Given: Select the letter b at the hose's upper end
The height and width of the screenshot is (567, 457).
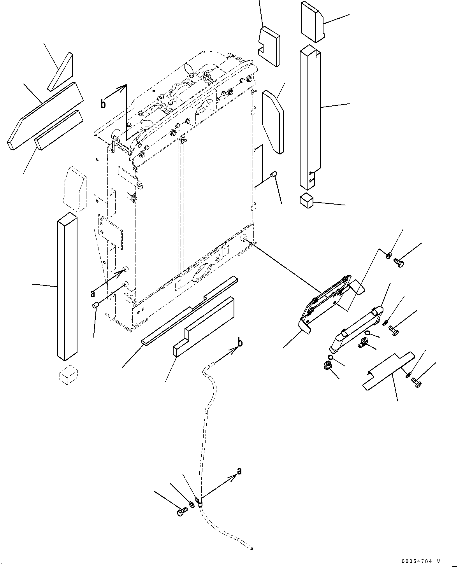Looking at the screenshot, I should point(240,343).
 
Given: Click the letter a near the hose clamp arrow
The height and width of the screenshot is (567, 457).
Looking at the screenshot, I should point(239,471).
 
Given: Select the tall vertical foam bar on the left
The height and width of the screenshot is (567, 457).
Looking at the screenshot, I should point(67,287).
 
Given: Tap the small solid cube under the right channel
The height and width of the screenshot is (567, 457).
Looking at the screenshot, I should point(306,200).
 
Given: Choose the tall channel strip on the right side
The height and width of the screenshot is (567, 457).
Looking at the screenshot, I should point(310,117).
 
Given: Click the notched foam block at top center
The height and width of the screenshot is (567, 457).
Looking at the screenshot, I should point(269,46).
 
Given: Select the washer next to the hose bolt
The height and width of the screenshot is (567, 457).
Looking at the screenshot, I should point(192,504).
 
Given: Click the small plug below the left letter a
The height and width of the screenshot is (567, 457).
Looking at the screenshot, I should point(94,306).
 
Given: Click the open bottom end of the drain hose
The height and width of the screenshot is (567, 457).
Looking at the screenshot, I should point(251,549).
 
